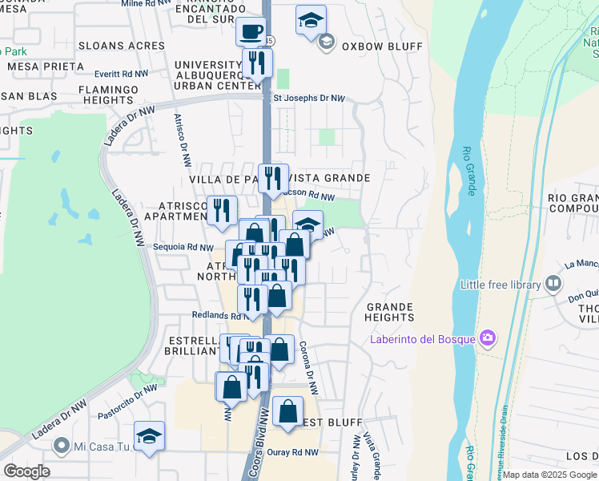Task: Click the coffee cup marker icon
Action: [251, 31]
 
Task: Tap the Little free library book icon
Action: [553, 284]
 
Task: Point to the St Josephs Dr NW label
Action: [309, 99]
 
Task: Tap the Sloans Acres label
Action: [122, 46]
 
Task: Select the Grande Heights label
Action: [390, 312]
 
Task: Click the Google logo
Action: [26, 471]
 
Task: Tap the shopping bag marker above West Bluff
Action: [287, 411]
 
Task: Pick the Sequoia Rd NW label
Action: [183, 248]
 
